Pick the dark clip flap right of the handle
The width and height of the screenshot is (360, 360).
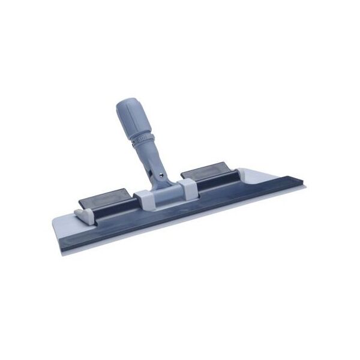205,171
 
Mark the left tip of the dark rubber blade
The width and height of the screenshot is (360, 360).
64,240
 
